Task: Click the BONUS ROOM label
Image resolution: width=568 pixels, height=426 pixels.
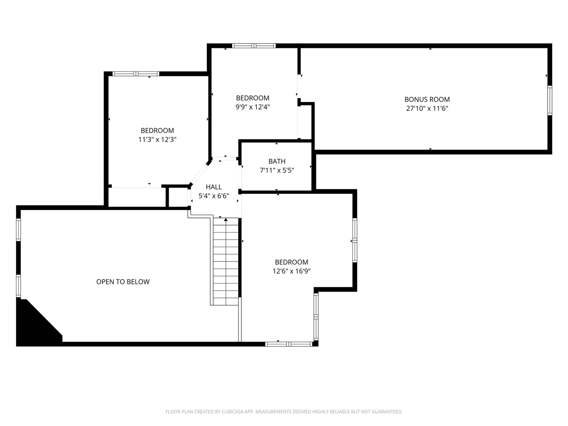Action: click(x=427, y=99)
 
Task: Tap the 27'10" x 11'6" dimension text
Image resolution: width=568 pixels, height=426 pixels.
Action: click(x=427, y=108)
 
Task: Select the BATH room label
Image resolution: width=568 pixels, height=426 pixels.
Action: click(x=277, y=161)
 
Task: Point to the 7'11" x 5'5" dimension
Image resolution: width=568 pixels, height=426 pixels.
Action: click(x=277, y=170)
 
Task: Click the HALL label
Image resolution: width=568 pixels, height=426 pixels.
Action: click(x=213, y=187)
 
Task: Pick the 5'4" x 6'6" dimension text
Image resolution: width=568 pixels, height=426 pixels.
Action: click(x=213, y=196)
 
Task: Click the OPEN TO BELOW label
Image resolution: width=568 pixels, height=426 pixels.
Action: click(x=123, y=281)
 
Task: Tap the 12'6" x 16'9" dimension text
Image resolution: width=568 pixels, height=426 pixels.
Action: click(x=291, y=271)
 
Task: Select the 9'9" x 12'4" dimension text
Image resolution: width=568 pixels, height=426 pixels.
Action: click(x=252, y=106)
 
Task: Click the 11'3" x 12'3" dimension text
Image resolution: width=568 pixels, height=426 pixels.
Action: click(x=157, y=139)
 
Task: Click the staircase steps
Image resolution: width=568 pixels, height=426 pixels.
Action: click(x=226, y=262)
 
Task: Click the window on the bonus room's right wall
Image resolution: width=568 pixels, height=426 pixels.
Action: click(x=549, y=100)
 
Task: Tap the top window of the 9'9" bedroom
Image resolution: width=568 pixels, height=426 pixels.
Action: click(x=254, y=46)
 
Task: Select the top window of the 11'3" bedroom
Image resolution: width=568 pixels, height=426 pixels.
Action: click(x=136, y=74)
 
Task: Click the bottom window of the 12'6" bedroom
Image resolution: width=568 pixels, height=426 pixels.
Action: click(x=288, y=344)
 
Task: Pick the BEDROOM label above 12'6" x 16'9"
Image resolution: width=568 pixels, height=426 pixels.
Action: click(x=291, y=262)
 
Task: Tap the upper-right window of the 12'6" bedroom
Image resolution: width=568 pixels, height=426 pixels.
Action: click(x=355, y=240)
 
